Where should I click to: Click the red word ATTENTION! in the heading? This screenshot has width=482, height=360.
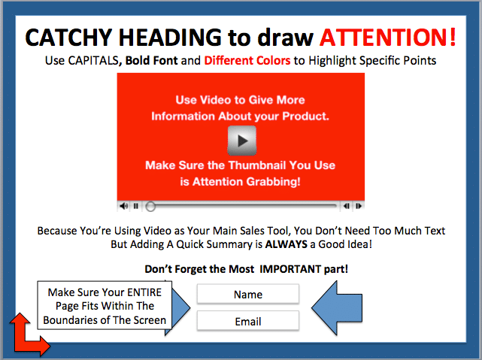coord(387,38)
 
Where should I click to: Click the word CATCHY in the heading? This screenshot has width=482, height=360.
coord(68,38)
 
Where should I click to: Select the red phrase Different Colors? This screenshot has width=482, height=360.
coord(247,61)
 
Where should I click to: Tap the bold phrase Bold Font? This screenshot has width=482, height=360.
coord(152,61)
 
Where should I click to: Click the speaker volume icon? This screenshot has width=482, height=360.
coord(124,206)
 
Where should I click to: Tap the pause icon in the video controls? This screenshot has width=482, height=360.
coord(136,206)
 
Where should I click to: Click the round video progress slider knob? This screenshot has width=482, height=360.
coord(150,207)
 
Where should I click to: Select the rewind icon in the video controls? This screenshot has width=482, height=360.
coord(347,206)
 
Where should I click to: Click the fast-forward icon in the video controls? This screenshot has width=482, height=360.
coord(359,206)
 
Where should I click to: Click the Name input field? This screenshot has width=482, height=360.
coord(248,295)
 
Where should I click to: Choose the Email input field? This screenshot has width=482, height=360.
coord(248,321)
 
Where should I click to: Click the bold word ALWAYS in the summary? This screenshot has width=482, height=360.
coord(286,244)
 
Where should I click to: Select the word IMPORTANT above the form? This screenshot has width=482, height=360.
coord(286,269)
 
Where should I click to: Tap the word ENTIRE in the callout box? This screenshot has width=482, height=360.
coord(144,292)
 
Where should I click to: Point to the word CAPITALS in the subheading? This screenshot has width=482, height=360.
coord(92,61)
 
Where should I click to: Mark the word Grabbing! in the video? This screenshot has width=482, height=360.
coord(273,182)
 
